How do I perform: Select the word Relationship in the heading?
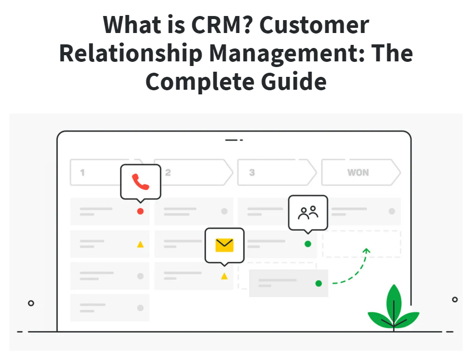[x=130, y=54]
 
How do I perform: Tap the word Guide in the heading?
[x=293, y=82]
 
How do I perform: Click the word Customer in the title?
[x=314, y=25]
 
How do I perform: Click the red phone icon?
[x=140, y=182]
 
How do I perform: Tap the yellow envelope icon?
[x=224, y=245]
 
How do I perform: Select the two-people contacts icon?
[x=308, y=212]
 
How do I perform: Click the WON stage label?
[x=358, y=173]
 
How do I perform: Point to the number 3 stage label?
[x=252, y=173]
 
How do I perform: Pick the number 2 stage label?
[x=168, y=173]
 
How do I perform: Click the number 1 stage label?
[x=82, y=173]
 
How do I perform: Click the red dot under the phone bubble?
[x=140, y=211]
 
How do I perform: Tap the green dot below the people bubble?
[x=308, y=244]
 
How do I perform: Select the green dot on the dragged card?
[x=319, y=284]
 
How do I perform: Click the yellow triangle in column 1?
[x=140, y=244]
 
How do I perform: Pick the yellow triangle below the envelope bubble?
[x=224, y=276]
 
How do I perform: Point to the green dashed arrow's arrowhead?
[x=367, y=251]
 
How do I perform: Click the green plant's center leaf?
[x=394, y=304]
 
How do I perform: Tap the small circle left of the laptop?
[x=31, y=303]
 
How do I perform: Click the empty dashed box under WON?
[x=362, y=244]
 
